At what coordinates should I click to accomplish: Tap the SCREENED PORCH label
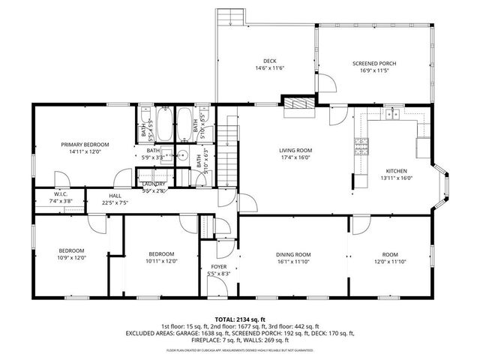tap(374, 63)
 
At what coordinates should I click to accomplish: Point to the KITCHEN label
tap(396, 170)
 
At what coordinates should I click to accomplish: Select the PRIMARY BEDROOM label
tap(85, 144)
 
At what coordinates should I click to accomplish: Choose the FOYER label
tap(218, 266)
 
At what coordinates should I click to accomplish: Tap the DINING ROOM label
tap(292, 254)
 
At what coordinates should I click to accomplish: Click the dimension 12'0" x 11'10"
tap(390, 262)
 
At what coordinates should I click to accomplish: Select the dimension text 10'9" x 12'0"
tap(72, 257)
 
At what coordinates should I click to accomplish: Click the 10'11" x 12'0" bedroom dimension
tap(161, 262)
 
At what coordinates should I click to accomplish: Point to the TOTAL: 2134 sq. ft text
tap(240, 319)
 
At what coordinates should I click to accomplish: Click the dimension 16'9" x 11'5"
tap(374, 70)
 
